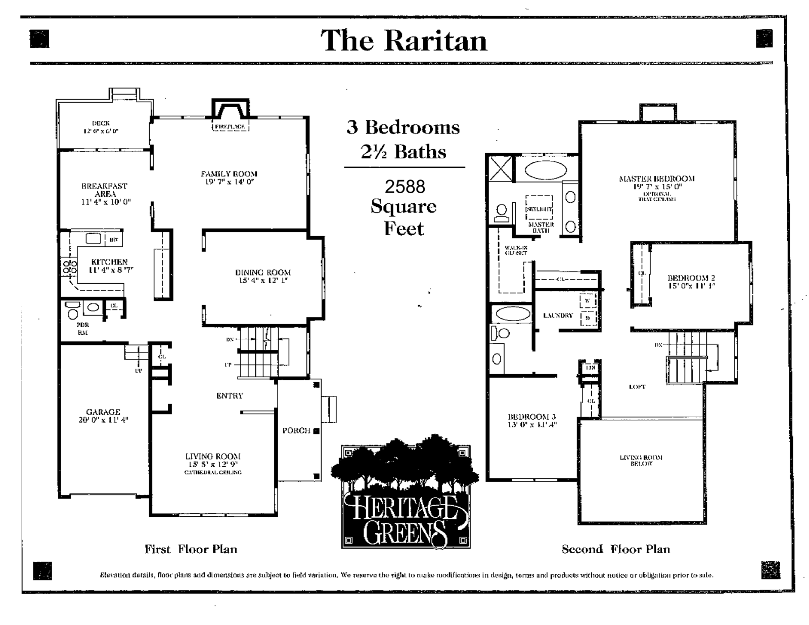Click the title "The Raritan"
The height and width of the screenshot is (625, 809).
(x=403, y=41)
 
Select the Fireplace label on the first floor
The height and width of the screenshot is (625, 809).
(x=230, y=126)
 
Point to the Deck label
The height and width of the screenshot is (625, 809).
(x=101, y=123)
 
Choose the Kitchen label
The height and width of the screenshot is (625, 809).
(x=109, y=262)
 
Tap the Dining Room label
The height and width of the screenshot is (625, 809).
(x=263, y=273)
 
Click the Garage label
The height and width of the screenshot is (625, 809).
(x=103, y=412)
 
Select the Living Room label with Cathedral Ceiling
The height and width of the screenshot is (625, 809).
(x=213, y=457)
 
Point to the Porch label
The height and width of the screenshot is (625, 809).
(x=296, y=431)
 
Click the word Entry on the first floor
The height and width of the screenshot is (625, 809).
(x=230, y=396)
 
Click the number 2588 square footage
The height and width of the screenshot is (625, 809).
(x=405, y=187)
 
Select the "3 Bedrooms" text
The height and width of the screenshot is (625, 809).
(x=403, y=127)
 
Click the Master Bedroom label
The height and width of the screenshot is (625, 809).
(x=657, y=178)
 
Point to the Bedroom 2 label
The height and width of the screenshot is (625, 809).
(x=691, y=278)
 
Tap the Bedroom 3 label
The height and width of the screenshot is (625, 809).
(x=532, y=417)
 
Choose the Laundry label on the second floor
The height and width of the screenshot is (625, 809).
(x=558, y=316)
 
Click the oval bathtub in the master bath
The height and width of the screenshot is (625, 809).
(x=546, y=170)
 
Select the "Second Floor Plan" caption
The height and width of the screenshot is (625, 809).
(x=615, y=549)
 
